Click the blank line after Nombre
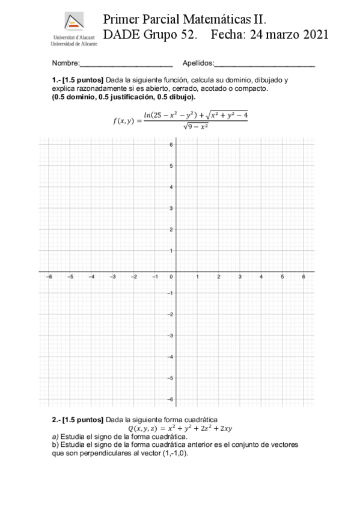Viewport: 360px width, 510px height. click(x=126, y=64)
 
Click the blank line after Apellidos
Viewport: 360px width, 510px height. click(x=264, y=64)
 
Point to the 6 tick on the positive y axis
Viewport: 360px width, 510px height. click(x=171, y=144)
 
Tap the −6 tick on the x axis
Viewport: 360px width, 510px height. click(x=49, y=277)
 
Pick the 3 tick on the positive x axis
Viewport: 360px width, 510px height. click(x=240, y=277)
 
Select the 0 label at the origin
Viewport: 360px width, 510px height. click(x=171, y=277)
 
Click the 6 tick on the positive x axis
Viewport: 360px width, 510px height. click(x=304, y=277)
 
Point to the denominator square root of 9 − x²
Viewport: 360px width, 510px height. click(x=196, y=126)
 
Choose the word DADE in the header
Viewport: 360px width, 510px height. click(x=121, y=35)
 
